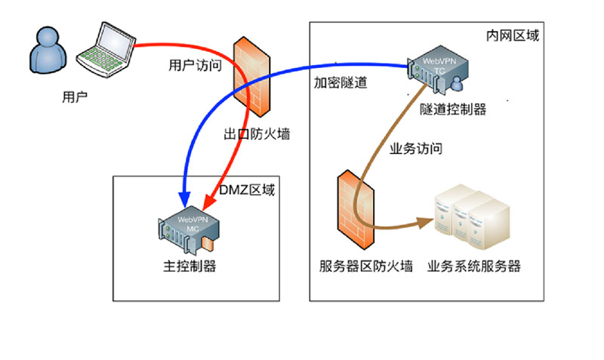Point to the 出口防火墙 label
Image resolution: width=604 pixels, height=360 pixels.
tap(257, 135)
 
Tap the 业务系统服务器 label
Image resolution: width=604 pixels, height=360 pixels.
tap(473, 266)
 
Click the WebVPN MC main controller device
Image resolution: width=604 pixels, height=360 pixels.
tap(188, 230)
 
